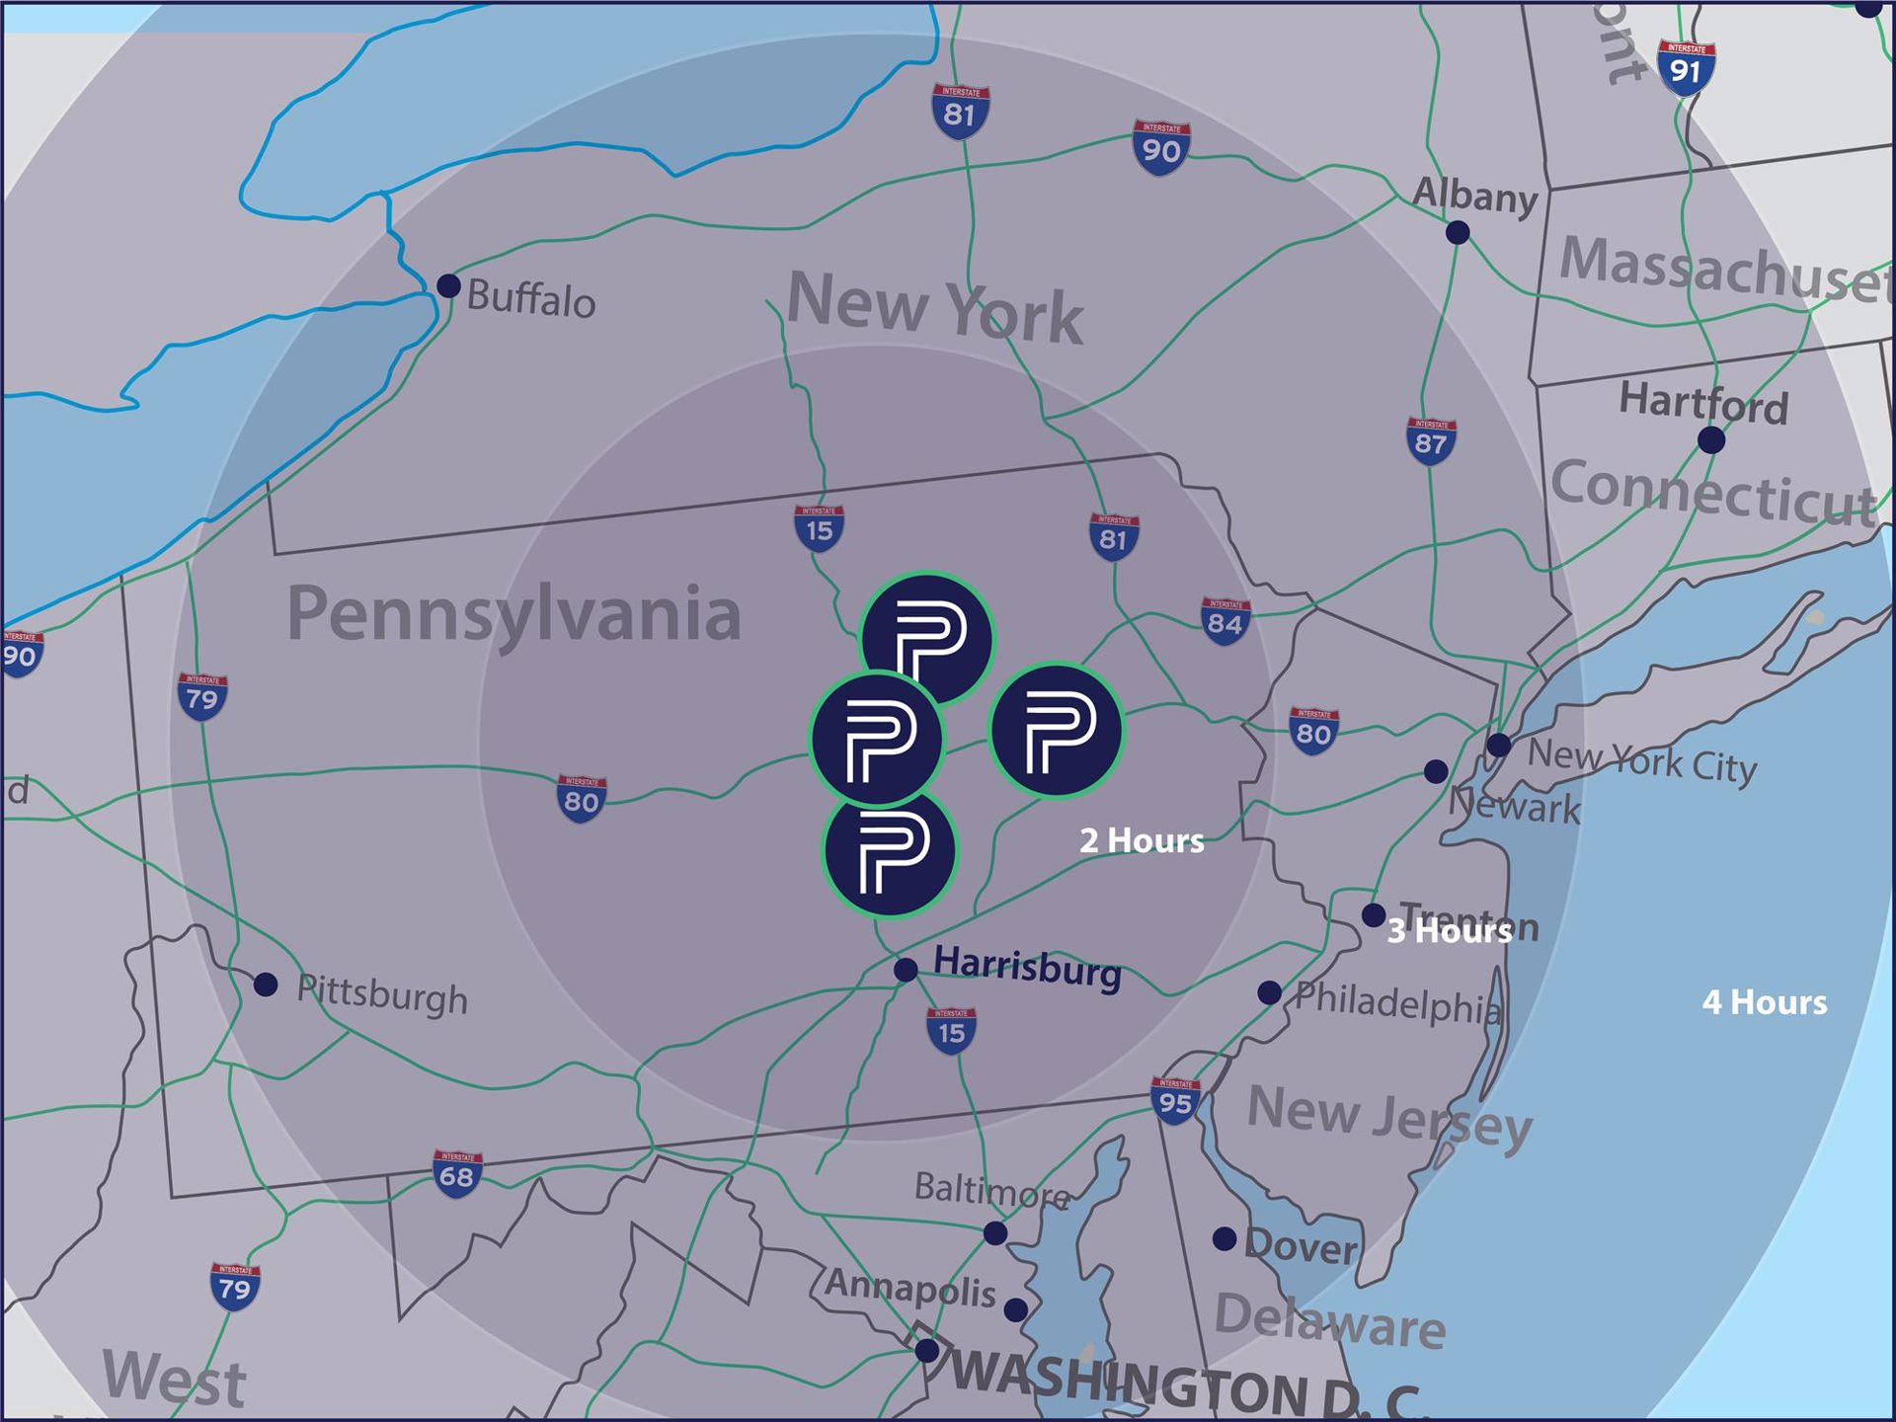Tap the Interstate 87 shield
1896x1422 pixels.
pos(1431,440)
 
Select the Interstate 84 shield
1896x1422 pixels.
pos(1225,620)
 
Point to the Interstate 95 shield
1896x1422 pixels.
pos(1175,1100)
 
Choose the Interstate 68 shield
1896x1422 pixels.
pos(456,1173)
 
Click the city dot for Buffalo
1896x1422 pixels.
pos(448,285)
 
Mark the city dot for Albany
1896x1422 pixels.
pos(1458,233)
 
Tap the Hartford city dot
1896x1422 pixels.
pos(1711,440)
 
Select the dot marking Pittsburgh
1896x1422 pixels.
pos(266,985)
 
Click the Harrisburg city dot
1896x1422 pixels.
pos(906,970)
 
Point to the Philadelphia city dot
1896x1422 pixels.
pos(1270,992)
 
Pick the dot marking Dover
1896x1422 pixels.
pos(1224,1238)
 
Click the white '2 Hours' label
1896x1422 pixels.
pos(1142,840)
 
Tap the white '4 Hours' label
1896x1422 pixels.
pos(1765,1002)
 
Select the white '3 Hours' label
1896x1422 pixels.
pos(1449,930)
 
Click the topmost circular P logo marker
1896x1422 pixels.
pos(927,637)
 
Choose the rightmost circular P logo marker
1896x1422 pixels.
pos(1056,731)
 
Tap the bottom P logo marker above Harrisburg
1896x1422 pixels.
pos(890,851)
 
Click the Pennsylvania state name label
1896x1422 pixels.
pos(513,614)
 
